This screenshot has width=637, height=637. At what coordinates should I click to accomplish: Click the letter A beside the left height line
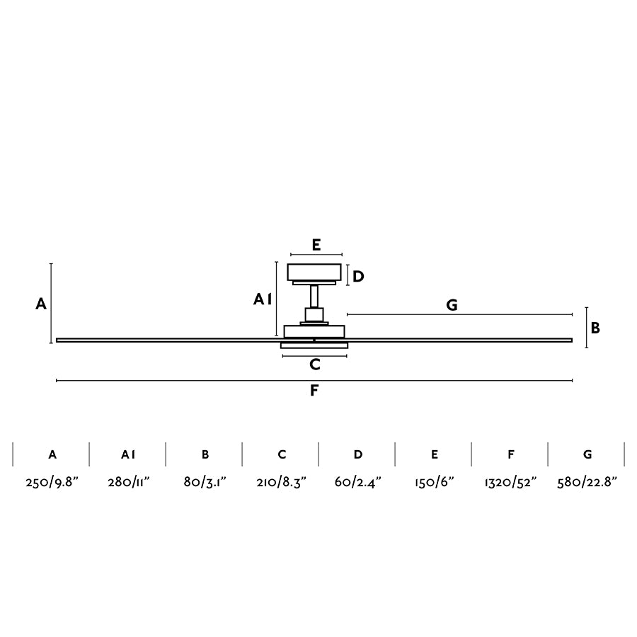click(x=41, y=304)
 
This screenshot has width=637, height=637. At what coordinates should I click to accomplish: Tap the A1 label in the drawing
click(x=263, y=299)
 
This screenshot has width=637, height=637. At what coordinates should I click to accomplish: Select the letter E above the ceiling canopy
click(x=316, y=245)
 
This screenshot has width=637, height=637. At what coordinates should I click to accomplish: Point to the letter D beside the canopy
click(x=358, y=277)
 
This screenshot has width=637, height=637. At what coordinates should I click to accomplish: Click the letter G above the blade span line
click(x=452, y=304)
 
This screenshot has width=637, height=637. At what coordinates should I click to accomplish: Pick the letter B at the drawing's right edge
click(x=595, y=328)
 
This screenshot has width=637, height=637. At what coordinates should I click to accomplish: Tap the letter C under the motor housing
click(x=315, y=365)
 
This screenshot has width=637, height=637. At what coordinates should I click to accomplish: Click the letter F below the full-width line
click(x=314, y=391)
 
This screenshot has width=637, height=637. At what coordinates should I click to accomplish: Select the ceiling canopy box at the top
click(x=314, y=272)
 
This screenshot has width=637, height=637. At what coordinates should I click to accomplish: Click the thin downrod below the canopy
click(x=314, y=296)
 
